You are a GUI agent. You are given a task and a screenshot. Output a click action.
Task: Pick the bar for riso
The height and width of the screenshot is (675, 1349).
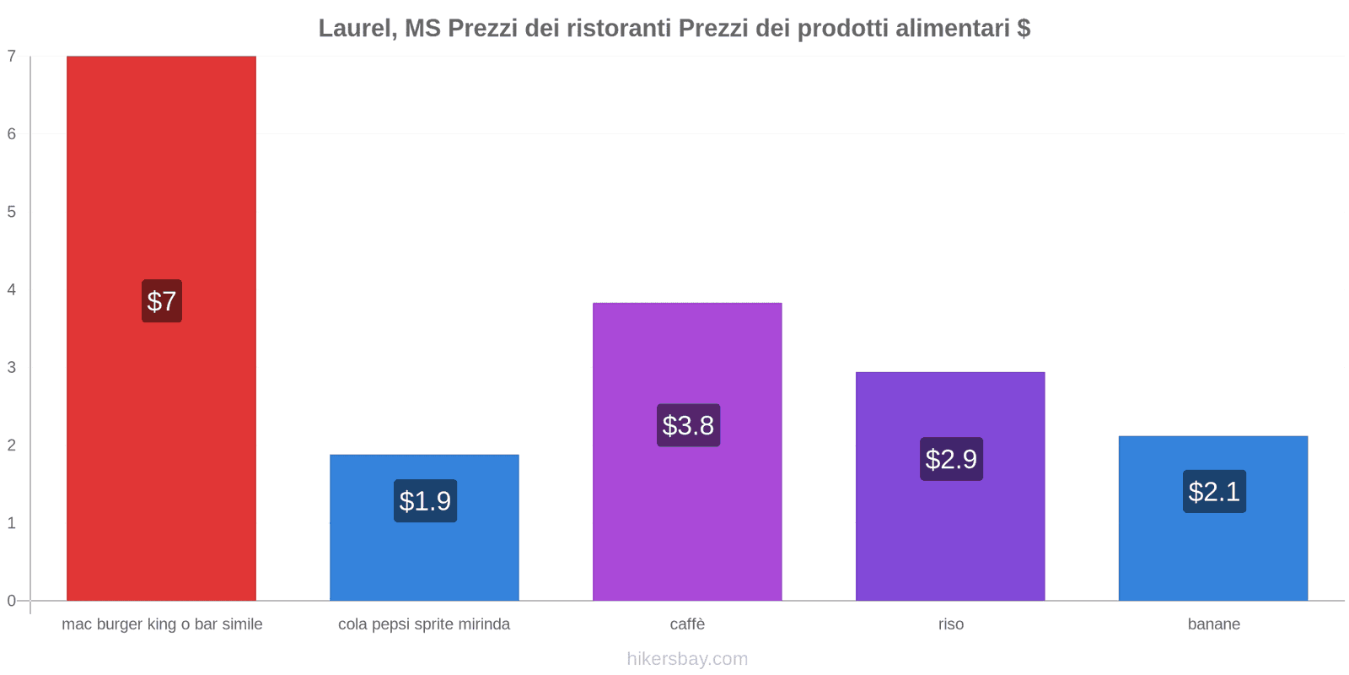pos(950,540)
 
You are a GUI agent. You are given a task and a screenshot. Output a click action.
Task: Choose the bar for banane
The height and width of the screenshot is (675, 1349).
pos(1213,557)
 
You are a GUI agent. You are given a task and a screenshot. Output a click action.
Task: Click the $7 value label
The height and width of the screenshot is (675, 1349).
pos(162,301)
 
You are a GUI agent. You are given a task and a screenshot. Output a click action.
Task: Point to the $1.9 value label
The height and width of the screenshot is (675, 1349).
pos(425,501)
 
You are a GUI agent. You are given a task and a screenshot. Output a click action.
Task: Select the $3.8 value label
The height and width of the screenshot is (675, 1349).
pos(688,425)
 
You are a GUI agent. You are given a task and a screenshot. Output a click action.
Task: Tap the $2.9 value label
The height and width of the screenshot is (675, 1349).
pos(951,459)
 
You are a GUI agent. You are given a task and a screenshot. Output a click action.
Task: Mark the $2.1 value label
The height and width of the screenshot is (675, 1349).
pos(1214,492)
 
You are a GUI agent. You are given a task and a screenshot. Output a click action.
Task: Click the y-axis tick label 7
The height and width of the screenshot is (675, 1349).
pos(12,57)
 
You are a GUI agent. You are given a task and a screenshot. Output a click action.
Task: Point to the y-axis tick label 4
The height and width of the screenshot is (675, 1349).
pos(12,289)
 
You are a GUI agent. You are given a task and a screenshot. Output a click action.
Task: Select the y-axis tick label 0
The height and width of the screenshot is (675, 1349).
pos(12,601)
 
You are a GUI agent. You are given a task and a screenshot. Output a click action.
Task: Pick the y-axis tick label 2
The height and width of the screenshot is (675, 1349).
pos(12,445)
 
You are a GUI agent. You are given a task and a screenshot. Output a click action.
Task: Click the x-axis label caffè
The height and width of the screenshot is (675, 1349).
pos(687,624)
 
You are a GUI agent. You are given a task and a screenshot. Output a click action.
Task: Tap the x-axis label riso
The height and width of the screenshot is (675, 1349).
pos(950,624)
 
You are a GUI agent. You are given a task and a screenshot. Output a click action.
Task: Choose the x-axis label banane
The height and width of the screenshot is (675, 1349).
pos(1213,624)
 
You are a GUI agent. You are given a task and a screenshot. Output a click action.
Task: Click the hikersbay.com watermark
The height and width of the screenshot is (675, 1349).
pos(687,659)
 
